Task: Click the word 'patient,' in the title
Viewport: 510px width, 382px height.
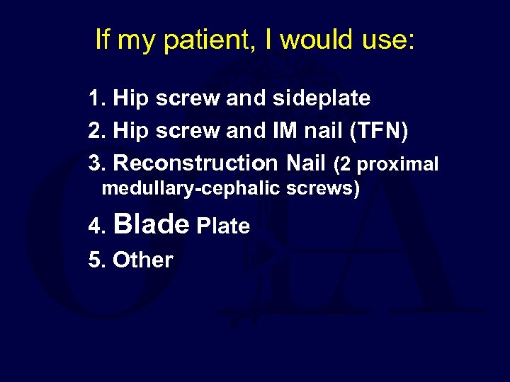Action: click(207, 41)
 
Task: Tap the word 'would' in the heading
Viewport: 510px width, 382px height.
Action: click(317, 40)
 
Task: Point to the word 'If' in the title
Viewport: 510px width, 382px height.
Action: click(103, 40)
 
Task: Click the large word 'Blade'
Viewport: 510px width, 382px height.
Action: click(151, 224)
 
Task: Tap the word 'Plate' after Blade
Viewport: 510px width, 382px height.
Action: click(223, 226)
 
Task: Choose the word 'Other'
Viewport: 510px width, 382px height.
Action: click(142, 260)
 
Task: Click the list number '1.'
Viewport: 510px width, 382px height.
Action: click(98, 98)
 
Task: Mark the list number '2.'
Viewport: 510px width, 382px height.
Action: click(98, 131)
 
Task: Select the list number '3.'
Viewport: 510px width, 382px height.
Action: click(98, 163)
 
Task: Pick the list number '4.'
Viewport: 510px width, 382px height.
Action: click(96, 226)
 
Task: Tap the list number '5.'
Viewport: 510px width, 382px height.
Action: click(98, 260)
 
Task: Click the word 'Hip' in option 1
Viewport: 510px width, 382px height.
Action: click(130, 99)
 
